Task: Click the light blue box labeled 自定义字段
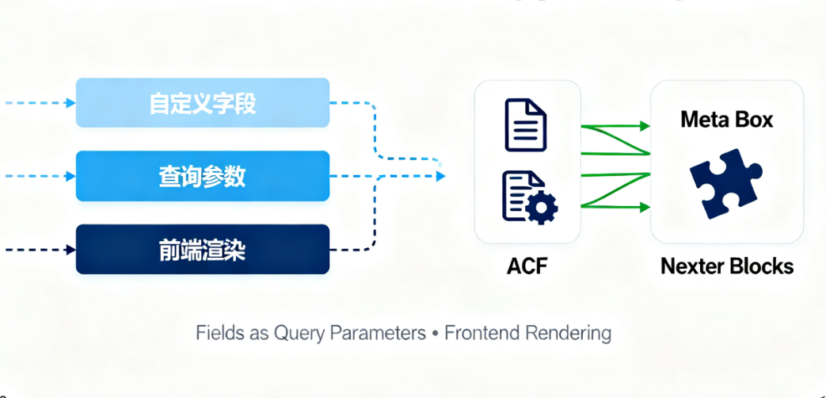(202, 103)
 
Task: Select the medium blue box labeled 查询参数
(202, 176)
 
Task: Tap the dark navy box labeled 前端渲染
(202, 250)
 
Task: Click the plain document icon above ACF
(526, 124)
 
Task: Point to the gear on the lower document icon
(542, 208)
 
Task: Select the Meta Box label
(727, 121)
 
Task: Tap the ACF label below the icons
(527, 266)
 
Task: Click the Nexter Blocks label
(727, 266)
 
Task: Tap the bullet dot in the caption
(435, 333)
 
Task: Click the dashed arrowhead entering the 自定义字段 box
(71, 103)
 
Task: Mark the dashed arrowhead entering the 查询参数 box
(71, 176)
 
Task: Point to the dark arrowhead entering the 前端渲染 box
(71, 250)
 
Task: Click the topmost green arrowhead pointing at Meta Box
(645, 125)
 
